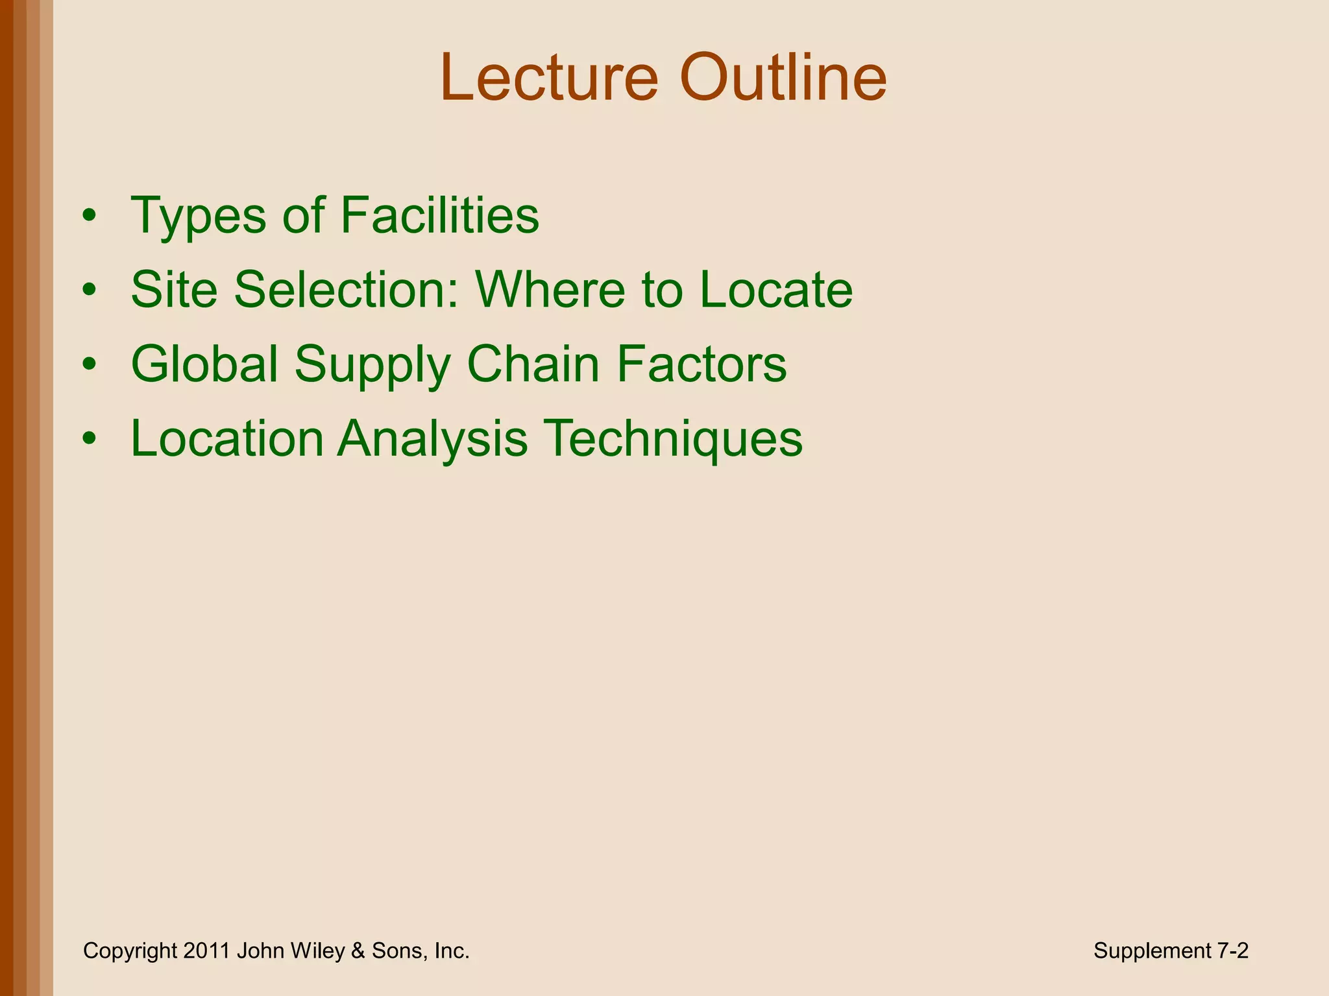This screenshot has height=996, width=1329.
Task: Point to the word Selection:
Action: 347,289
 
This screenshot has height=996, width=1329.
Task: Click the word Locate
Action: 776,289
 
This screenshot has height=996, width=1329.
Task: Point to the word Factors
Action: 701,364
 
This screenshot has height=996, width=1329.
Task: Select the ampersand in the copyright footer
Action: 358,951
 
